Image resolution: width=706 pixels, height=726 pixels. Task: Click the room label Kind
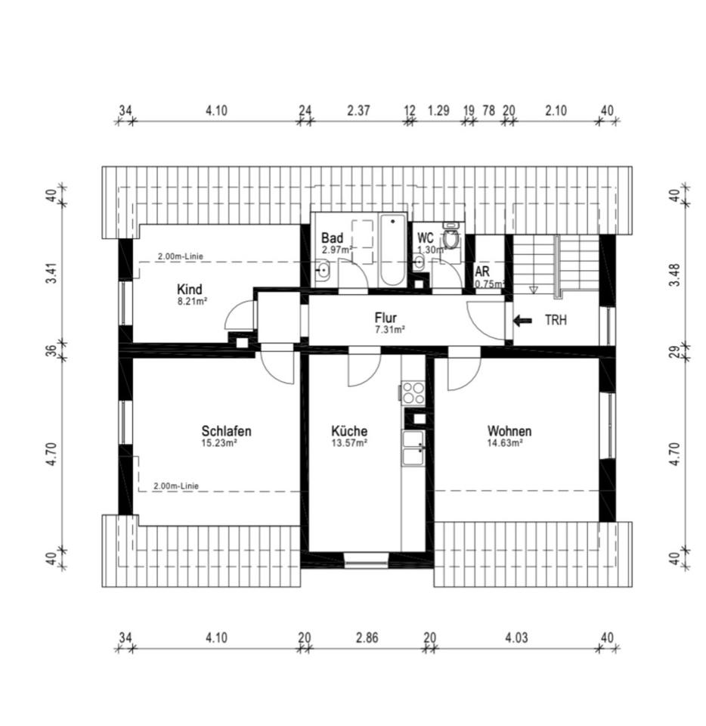[x=190, y=290]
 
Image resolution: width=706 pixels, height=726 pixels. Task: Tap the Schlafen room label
[x=226, y=431]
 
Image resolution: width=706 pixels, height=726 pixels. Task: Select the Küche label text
[x=349, y=431]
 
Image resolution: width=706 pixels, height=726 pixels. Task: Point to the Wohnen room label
[x=509, y=431]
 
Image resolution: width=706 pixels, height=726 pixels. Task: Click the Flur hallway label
[x=386, y=318]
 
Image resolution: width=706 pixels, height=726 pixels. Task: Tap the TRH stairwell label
[x=556, y=320]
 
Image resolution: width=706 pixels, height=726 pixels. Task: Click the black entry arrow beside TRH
[x=522, y=321]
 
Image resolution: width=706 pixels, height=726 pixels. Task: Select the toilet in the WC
[x=451, y=237]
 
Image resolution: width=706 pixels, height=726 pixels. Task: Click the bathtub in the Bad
[x=393, y=250]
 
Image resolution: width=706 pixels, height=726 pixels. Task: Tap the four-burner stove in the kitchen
[x=413, y=392]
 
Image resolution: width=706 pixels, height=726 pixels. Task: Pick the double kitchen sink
[x=413, y=448]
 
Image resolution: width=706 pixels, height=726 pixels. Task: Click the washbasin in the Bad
[x=323, y=271]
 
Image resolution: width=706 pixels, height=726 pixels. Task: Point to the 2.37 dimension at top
[x=358, y=111]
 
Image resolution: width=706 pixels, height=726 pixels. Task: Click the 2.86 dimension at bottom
[x=367, y=638]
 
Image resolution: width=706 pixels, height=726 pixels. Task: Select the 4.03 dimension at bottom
[x=516, y=638]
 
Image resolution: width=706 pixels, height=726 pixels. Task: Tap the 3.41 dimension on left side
[x=52, y=274]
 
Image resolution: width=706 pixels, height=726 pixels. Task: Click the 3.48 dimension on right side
[x=676, y=275]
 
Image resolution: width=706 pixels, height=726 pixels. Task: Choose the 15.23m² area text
[x=219, y=443]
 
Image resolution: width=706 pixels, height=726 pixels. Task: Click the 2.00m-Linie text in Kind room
[x=181, y=256]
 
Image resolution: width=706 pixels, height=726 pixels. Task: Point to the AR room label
[x=482, y=271]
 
